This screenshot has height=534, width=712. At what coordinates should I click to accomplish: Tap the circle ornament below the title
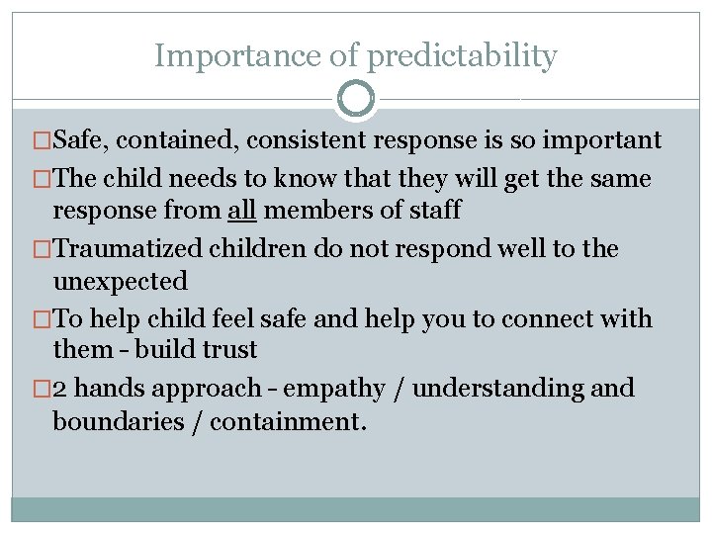[356, 100]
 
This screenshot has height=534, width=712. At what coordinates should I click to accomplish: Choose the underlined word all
[240, 210]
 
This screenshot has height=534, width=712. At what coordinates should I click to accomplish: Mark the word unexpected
[120, 282]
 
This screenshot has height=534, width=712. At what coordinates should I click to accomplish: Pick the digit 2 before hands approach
[59, 389]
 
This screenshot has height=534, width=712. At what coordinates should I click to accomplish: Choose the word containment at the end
[288, 422]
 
